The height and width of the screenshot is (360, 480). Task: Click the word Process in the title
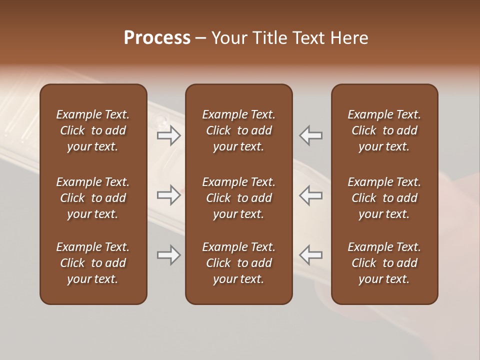coord(157,37)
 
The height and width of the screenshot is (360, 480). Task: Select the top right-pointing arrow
coord(169,135)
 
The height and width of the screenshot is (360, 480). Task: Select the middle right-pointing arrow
coord(169,195)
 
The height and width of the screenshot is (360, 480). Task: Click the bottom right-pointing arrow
coord(169,255)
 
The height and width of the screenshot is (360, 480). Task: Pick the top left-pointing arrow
coord(311,135)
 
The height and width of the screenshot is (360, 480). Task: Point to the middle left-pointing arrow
coord(311,195)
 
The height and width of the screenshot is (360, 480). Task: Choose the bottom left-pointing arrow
coord(311,255)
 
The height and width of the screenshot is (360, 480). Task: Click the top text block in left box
coord(93,130)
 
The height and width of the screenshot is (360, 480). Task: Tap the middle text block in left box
coord(93,198)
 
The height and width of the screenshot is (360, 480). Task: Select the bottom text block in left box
coord(93,263)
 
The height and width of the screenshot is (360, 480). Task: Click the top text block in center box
coord(238,130)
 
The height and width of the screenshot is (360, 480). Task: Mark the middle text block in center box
coord(238,198)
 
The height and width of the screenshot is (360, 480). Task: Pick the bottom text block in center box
coord(238,263)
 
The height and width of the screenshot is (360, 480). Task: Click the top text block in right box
coord(384,130)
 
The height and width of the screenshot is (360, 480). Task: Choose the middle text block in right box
coord(384,198)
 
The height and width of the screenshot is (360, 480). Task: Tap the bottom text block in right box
coord(384,263)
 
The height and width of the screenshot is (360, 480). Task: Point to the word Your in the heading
coord(228,37)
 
